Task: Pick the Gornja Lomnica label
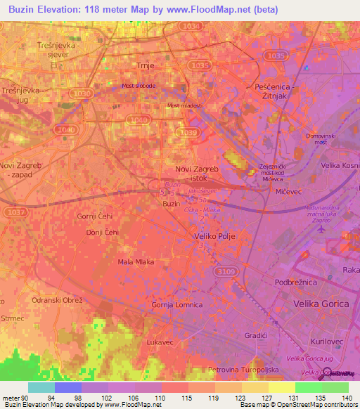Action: tap(177, 305)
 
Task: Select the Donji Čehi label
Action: tap(101, 232)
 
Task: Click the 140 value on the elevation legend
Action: tap(346, 397)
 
